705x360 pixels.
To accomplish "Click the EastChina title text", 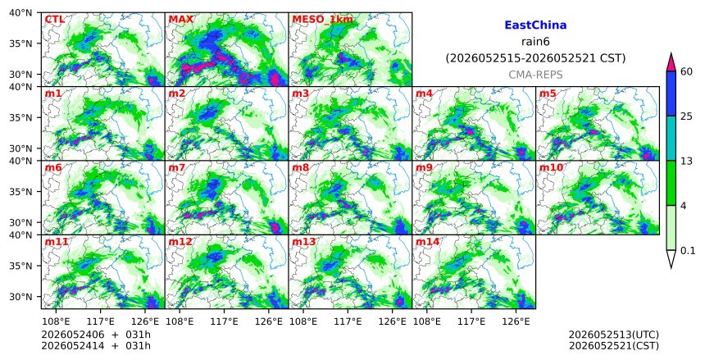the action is point(535,25).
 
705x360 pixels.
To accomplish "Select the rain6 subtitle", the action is point(535,42).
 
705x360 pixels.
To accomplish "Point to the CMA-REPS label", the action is point(535,75).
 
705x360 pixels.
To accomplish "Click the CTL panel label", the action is point(54,20).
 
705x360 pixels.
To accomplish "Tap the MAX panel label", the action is point(180,20).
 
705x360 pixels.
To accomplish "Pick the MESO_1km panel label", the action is point(322,20).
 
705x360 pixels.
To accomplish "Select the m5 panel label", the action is point(548,93).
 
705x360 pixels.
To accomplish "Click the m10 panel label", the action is point(551,167).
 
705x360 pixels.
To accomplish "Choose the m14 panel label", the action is point(427,242).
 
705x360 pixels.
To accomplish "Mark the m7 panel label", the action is point(177,167).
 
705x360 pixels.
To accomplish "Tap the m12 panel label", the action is point(180,242).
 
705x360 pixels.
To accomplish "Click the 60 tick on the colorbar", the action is point(686,72).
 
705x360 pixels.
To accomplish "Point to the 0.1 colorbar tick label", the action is point(688,251).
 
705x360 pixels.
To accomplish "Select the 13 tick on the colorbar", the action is point(686,161).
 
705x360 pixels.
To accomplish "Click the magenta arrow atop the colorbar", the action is point(671,62).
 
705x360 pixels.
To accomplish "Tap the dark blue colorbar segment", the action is point(671,93).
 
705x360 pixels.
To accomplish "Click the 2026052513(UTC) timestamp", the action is point(614,335).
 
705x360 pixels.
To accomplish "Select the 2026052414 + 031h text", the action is point(96,345).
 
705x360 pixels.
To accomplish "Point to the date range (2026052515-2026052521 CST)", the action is point(535,58).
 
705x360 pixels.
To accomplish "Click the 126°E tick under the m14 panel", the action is point(516,321).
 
